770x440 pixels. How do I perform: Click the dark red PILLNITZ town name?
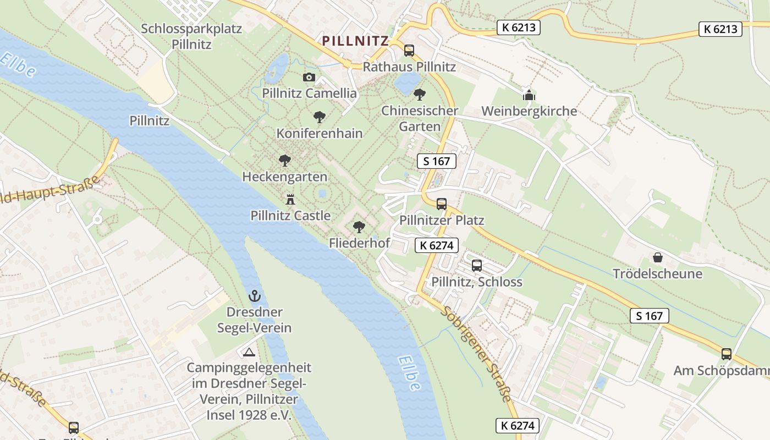pos(355,41)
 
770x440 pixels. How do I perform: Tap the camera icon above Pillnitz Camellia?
pos(309,78)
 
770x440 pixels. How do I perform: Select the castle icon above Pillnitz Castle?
pos(290,200)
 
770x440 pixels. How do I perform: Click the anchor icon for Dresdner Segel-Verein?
pos(254,296)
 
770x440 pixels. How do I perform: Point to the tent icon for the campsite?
pos(249,352)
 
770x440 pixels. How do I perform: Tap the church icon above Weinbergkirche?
pos(529,95)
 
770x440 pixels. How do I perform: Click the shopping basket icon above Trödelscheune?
pos(657,257)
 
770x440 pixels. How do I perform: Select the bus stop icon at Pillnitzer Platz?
pos(442,204)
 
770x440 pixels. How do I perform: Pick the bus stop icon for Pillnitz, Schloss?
pos(477,266)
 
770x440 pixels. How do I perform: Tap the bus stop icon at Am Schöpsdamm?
pos(727,354)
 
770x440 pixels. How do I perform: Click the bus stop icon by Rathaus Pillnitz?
pos(409,51)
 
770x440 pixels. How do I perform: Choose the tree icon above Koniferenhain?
pos(319,117)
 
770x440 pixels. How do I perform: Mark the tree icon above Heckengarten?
pos(284,161)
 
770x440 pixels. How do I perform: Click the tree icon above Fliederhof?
pos(359,227)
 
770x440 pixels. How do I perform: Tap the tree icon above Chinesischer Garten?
pos(420,95)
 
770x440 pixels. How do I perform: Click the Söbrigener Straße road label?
pos(477,354)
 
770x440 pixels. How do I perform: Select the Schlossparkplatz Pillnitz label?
pos(191,36)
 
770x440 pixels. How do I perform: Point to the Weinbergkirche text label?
pos(529,111)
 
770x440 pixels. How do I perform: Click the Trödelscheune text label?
pos(657,274)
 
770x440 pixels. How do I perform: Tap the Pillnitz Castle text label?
pos(290,216)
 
